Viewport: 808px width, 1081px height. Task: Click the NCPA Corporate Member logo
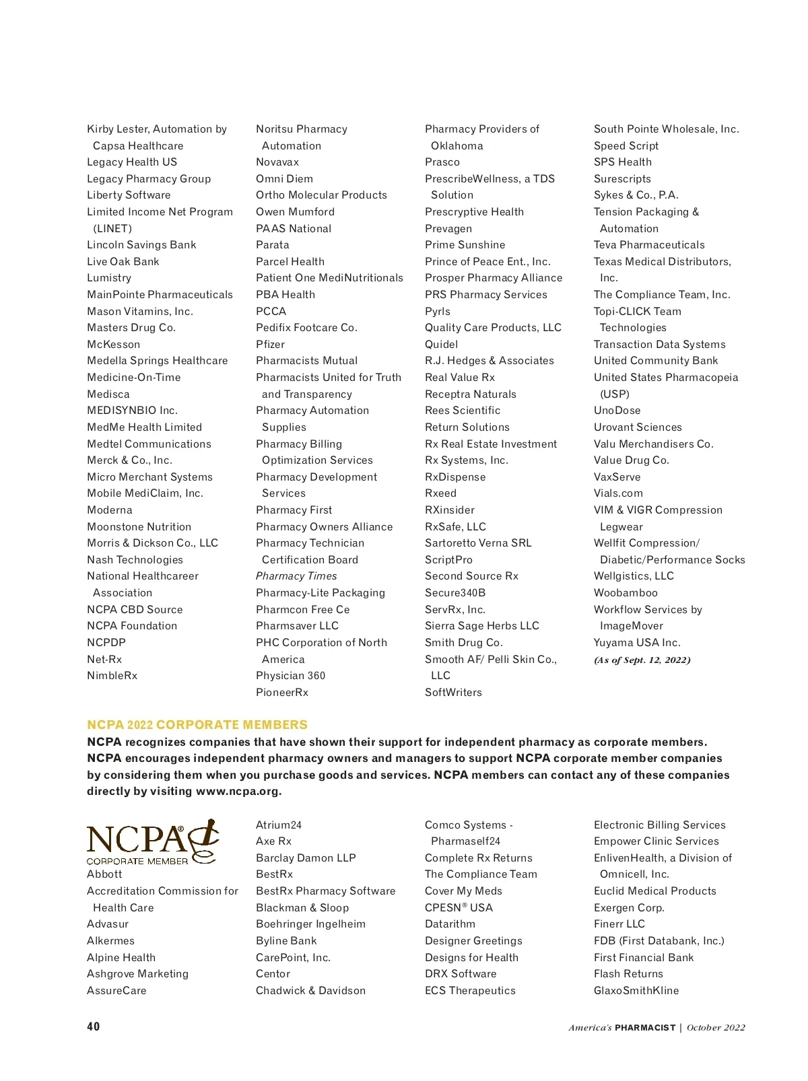click(x=152, y=842)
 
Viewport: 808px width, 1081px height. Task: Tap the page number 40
click(x=94, y=1026)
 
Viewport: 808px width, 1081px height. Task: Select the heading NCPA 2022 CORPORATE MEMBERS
click(x=197, y=725)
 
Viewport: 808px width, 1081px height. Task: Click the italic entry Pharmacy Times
click(x=296, y=576)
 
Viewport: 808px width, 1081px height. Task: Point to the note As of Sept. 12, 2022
click(x=642, y=660)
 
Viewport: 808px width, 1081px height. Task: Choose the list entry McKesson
click(x=114, y=345)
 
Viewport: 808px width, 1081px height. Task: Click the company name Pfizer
click(x=271, y=345)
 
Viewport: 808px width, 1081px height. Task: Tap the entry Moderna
click(x=110, y=510)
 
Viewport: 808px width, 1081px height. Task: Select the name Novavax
click(x=277, y=162)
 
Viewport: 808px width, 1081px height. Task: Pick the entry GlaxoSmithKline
click(x=636, y=991)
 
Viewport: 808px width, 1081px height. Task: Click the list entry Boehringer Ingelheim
click(x=310, y=924)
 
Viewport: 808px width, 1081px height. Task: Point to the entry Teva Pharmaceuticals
click(x=649, y=245)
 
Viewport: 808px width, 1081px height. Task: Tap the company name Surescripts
click(x=622, y=179)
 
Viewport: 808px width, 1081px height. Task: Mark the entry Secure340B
click(x=455, y=593)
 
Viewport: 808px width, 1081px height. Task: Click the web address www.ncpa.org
click(x=238, y=792)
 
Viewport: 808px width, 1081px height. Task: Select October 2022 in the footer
click(x=716, y=1028)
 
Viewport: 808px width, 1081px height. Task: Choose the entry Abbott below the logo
click(x=104, y=874)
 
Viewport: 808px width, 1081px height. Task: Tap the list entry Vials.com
click(x=618, y=493)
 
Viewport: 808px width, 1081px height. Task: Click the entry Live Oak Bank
click(x=123, y=262)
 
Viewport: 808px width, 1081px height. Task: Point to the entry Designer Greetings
click(x=473, y=941)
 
